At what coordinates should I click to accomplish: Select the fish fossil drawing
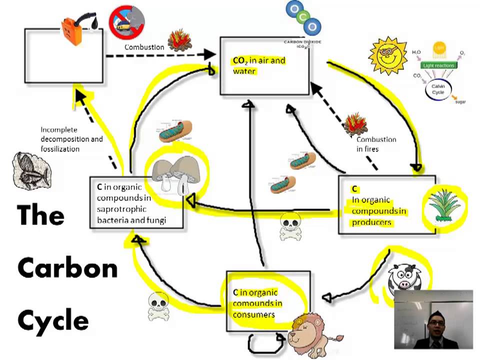click(x=30, y=169)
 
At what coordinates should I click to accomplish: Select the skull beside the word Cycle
click(x=158, y=305)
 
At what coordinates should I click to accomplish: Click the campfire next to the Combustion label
click(x=179, y=40)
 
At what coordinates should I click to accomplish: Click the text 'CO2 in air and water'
click(x=259, y=65)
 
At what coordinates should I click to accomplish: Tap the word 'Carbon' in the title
click(x=67, y=269)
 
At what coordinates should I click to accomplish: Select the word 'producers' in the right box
click(x=371, y=222)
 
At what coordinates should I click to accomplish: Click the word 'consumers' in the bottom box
click(x=254, y=314)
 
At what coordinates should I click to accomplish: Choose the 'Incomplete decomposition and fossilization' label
click(x=71, y=139)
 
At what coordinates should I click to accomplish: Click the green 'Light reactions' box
click(x=438, y=65)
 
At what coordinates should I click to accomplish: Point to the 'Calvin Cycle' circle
click(x=438, y=89)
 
